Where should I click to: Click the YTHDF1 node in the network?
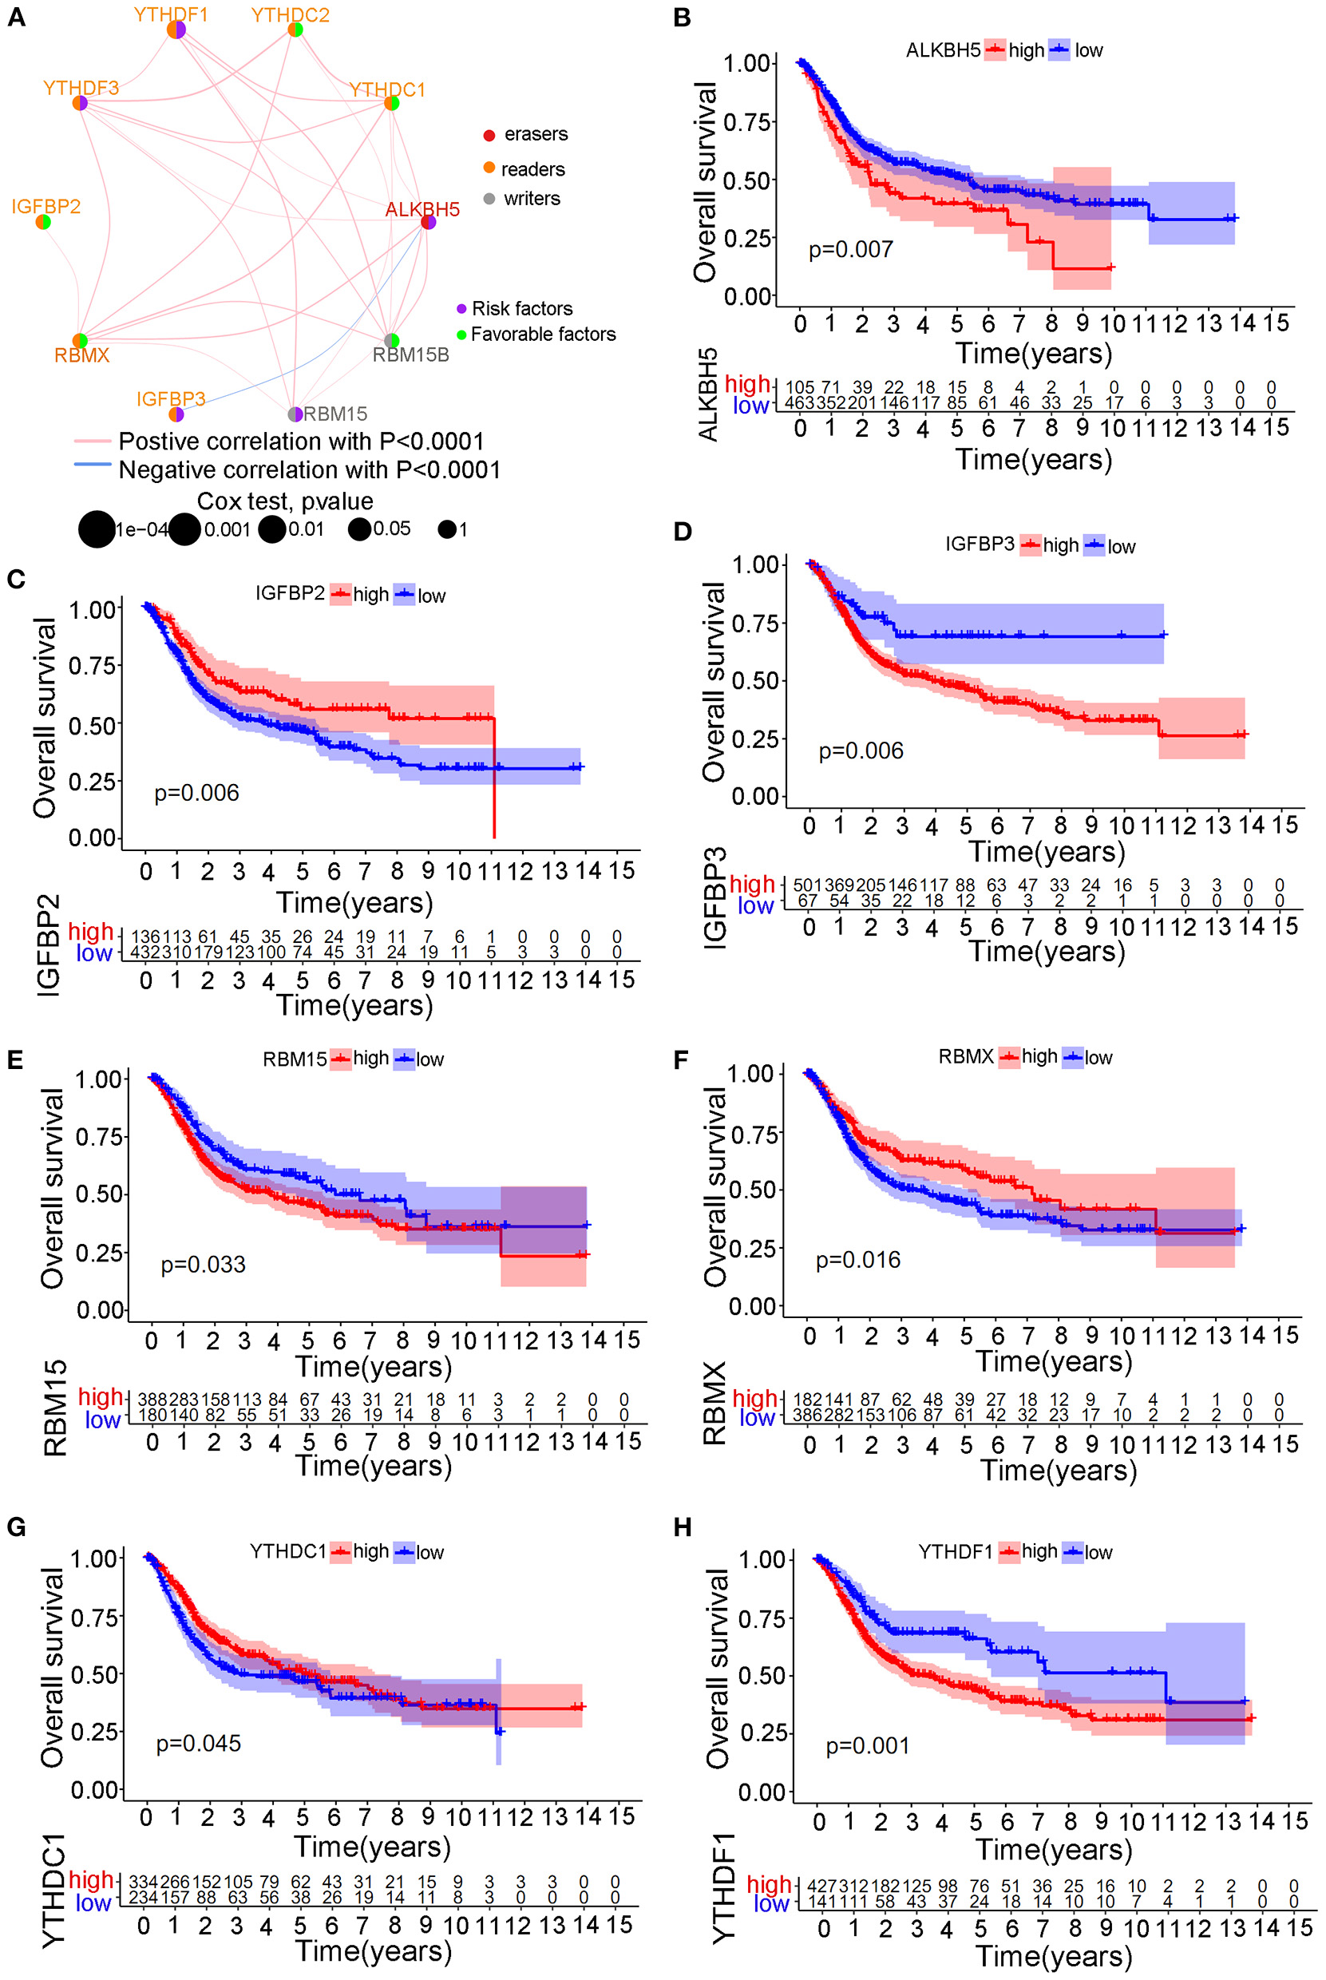pos(176,30)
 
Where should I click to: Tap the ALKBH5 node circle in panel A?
pos(429,223)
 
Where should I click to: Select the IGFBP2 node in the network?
pos(43,223)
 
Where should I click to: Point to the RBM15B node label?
pos(411,355)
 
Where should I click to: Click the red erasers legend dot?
pos(489,136)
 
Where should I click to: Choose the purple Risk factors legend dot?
pos(461,309)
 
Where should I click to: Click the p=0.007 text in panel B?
pos(851,250)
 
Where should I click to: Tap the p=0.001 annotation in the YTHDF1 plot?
pos(868,1746)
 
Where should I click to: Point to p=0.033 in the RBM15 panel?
pos(203,1265)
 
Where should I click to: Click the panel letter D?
pos(683,532)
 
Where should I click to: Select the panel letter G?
pos(16,1527)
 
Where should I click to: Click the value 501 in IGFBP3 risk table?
pos(807,885)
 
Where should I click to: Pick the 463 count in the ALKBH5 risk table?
pos(799,403)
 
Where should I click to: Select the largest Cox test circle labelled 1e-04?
pos(97,529)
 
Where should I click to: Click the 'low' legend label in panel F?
pos(1098,1058)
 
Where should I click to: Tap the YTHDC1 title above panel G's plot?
pos(287,1551)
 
